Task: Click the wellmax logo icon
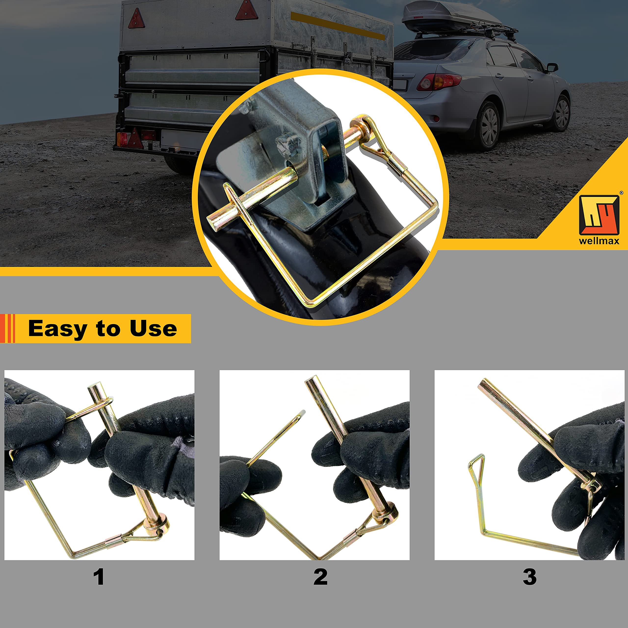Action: tap(599, 215)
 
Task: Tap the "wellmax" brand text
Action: tap(599, 241)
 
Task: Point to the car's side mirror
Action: tap(552, 68)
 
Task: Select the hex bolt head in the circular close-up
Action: tap(288, 143)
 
